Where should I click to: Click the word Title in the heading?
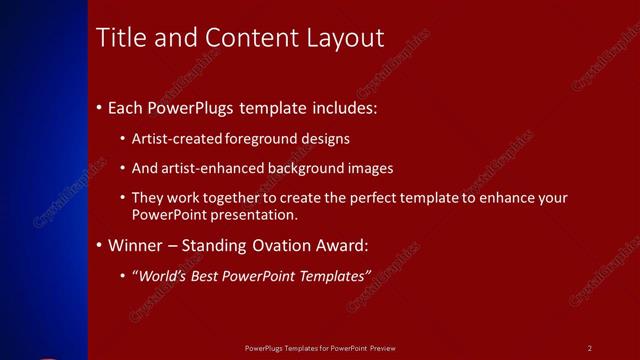coord(119,38)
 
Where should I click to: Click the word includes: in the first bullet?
coord(342,107)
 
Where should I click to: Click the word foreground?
coord(263,139)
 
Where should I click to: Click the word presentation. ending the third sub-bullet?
coord(255,214)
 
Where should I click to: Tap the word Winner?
coord(135,245)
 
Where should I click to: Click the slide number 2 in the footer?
coord(590,348)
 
